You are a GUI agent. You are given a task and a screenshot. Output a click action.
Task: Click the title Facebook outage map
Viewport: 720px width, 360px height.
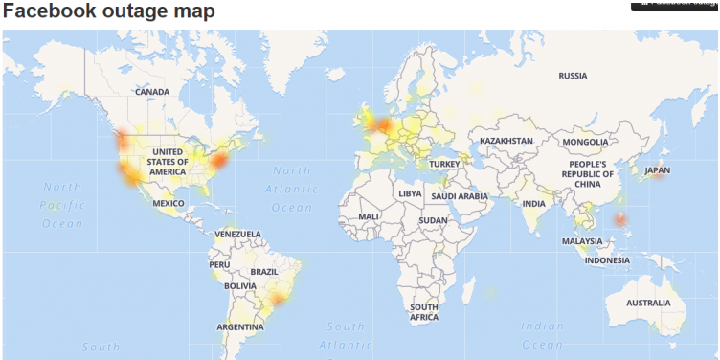click(108, 11)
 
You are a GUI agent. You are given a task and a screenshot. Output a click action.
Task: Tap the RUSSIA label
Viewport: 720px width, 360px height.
click(573, 75)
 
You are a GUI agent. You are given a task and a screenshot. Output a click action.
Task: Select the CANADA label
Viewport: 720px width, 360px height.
click(152, 92)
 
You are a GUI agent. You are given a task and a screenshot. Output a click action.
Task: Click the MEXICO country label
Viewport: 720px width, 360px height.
click(169, 203)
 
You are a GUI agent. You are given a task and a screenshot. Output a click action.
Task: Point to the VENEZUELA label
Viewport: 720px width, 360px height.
click(238, 234)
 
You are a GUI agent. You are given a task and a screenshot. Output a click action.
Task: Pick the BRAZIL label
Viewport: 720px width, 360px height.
click(263, 272)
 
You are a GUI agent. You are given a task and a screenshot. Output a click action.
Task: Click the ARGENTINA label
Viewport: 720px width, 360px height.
click(240, 326)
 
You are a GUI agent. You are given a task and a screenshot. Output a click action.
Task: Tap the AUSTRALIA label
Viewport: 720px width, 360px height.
click(648, 303)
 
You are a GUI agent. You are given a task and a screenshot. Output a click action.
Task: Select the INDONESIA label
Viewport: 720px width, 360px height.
click(607, 259)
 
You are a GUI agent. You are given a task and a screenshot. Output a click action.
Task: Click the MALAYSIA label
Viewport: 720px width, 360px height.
click(581, 241)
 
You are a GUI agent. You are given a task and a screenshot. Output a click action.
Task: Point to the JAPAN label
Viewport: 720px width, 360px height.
click(658, 170)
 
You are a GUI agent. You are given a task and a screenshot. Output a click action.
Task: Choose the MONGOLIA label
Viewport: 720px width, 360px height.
click(585, 142)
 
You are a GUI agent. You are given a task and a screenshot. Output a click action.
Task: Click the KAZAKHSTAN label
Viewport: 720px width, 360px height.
click(506, 141)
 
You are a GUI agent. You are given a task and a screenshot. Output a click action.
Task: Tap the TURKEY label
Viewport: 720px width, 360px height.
click(444, 164)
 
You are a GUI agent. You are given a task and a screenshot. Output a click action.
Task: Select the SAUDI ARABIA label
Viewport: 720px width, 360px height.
click(461, 196)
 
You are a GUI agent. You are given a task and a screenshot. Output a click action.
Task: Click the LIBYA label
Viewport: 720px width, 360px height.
click(409, 192)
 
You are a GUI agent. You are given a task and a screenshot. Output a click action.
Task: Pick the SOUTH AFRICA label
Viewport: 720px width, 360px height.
click(424, 312)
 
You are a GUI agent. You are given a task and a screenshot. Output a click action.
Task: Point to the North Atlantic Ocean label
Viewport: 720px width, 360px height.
click(292, 191)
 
